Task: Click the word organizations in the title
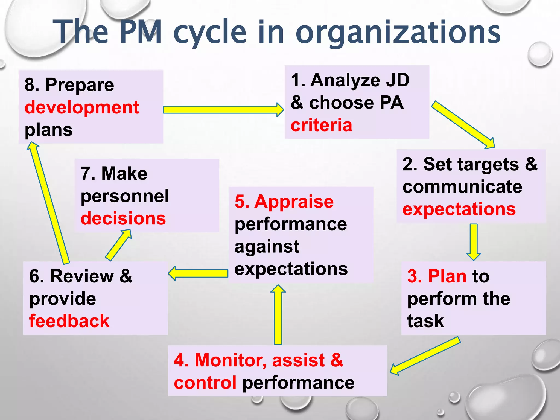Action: point(398,33)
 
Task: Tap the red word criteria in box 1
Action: point(321,125)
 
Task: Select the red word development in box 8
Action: point(82,107)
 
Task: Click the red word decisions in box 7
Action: point(123,218)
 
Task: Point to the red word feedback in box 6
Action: point(69,321)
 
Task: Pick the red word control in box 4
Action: point(205,383)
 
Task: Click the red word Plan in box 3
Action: point(447,276)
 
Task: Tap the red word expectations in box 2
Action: point(459,209)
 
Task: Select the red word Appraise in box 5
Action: point(294,202)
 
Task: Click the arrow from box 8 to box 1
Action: point(223,110)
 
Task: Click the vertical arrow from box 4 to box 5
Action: point(278,314)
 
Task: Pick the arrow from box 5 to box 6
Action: point(198,273)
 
